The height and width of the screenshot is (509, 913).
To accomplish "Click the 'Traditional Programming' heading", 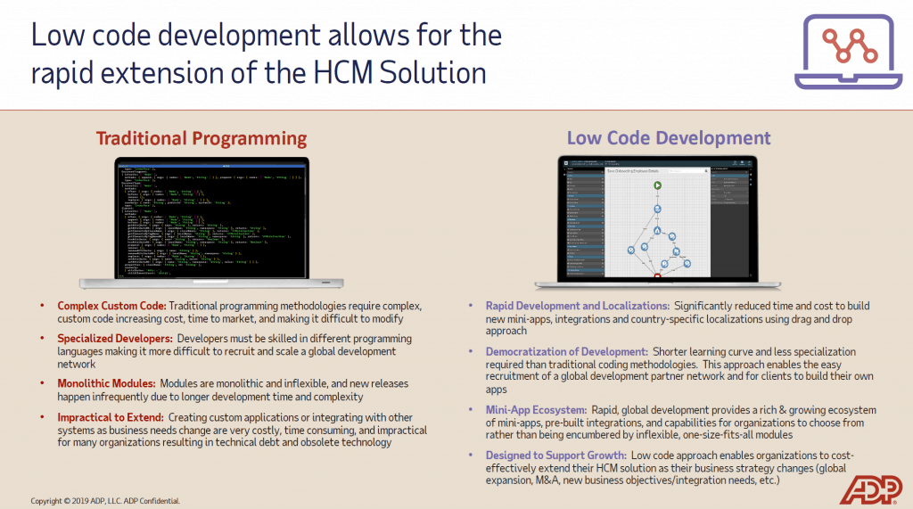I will pos(201,138).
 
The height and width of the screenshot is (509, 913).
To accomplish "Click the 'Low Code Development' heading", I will pos(669,138).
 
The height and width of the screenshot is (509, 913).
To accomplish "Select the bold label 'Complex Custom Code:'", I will pos(111,306).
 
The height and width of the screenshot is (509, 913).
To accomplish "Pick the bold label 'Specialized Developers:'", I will pos(115,339).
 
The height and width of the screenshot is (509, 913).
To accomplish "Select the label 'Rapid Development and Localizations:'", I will pos(578,306).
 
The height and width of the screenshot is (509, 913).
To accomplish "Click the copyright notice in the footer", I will pos(105,501).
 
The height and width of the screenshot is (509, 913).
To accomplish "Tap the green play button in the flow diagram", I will pos(657,186).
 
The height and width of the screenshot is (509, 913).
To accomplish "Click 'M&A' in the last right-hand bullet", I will pos(568,480).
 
